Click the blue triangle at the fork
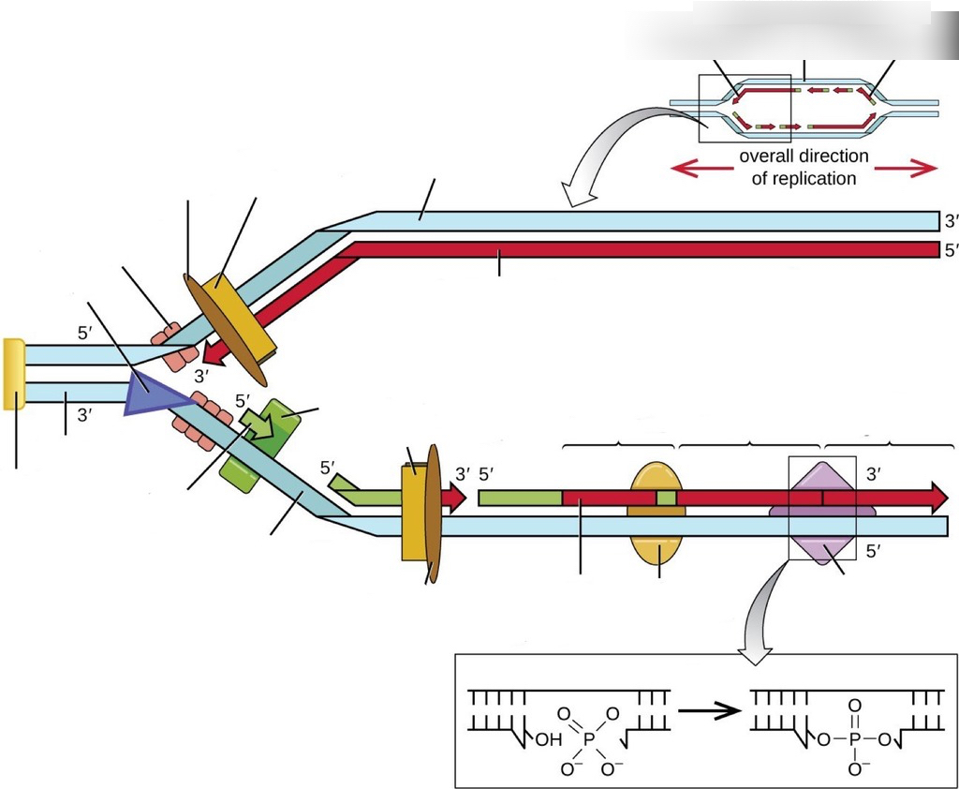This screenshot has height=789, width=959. (x=153, y=394)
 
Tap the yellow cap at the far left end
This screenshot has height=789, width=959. (x=13, y=374)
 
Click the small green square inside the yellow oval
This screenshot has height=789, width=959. (x=666, y=498)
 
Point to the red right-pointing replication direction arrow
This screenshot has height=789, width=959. (x=906, y=167)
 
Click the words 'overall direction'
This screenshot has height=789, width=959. (x=804, y=156)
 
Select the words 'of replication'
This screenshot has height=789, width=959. (x=804, y=179)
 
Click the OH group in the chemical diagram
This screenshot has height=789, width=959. (x=549, y=740)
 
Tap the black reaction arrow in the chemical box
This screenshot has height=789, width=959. (x=710, y=710)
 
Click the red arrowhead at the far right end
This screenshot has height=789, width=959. (x=938, y=498)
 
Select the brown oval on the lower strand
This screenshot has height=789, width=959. (x=433, y=514)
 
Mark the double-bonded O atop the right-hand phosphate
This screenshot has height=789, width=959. (x=854, y=706)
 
